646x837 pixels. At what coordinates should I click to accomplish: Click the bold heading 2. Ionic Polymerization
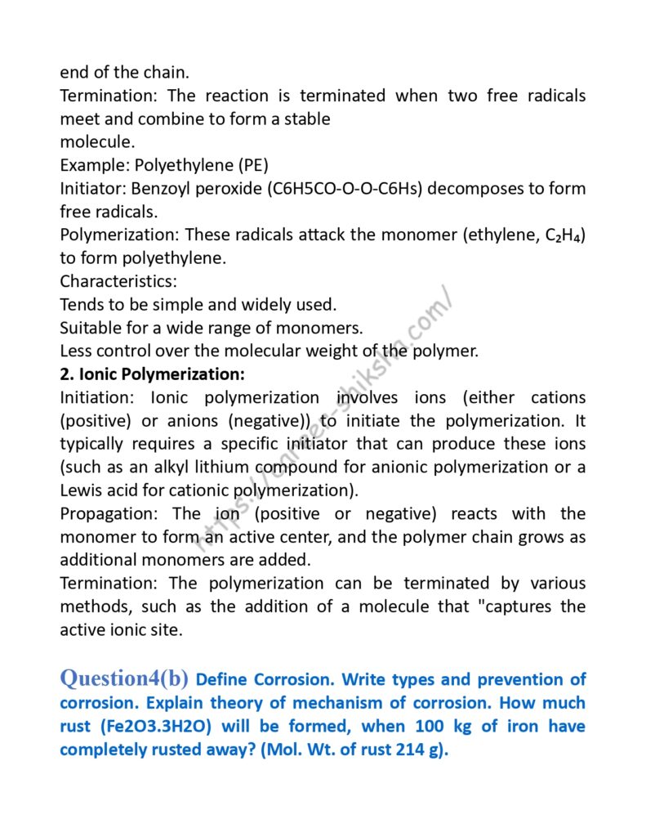pos(152,375)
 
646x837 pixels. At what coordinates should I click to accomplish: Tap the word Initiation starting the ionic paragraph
pos(98,398)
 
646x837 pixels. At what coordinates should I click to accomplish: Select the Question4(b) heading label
pos(124,678)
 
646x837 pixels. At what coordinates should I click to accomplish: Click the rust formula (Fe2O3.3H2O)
pos(163,727)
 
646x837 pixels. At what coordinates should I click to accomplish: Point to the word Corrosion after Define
pos(294,680)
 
